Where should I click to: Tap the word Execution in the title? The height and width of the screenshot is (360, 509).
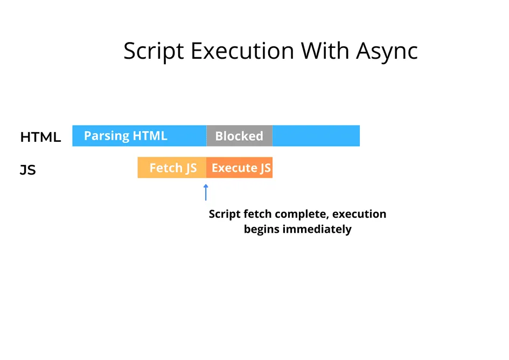coord(242,52)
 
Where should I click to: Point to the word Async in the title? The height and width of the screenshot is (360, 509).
coord(387,52)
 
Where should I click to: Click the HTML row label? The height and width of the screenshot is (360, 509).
coord(40,137)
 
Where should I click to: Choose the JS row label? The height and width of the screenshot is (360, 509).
coord(28,171)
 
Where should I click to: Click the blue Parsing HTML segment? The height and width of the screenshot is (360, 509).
coord(139,136)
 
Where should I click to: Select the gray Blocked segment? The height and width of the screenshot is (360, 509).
coord(239,136)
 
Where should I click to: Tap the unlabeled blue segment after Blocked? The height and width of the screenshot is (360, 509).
coord(316,136)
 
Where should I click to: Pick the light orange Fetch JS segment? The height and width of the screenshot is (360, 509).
coord(172,168)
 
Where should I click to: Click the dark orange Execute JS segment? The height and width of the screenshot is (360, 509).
coord(240,168)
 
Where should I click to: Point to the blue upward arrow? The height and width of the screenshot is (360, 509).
coord(205,192)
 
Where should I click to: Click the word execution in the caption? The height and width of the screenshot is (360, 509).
coord(359,214)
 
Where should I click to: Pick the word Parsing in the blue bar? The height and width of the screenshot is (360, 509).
coord(107,136)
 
